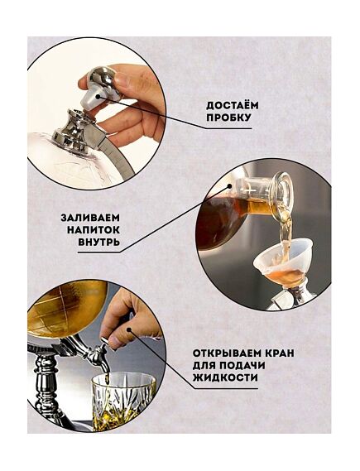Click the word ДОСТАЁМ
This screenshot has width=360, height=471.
tap(232, 105)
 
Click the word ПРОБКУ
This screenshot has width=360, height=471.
tap(228, 118)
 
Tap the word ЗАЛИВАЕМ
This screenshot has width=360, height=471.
tap(90, 218)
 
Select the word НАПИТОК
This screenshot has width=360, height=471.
tap(93, 230)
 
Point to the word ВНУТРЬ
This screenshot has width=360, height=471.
tap(98, 242)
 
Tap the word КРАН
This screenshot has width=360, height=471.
tap(280, 353)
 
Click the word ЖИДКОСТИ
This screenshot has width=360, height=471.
tap(225, 377)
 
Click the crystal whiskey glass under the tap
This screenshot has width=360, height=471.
tap(123, 400)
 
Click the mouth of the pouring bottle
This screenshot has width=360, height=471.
tap(284, 191)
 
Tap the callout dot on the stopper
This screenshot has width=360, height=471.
tap(99, 96)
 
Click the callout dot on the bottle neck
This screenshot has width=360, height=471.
tap(230, 186)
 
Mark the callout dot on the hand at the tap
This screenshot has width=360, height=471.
tap(129, 329)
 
